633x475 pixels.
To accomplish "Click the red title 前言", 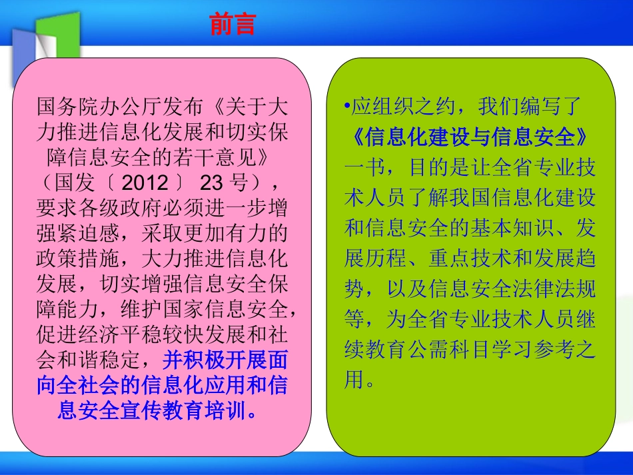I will click(x=233, y=24).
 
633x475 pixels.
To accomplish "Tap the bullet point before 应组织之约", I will click(x=348, y=107).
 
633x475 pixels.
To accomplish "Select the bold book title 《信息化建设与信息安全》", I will click(x=469, y=137).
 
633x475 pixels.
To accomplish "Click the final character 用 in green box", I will click(x=354, y=380).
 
